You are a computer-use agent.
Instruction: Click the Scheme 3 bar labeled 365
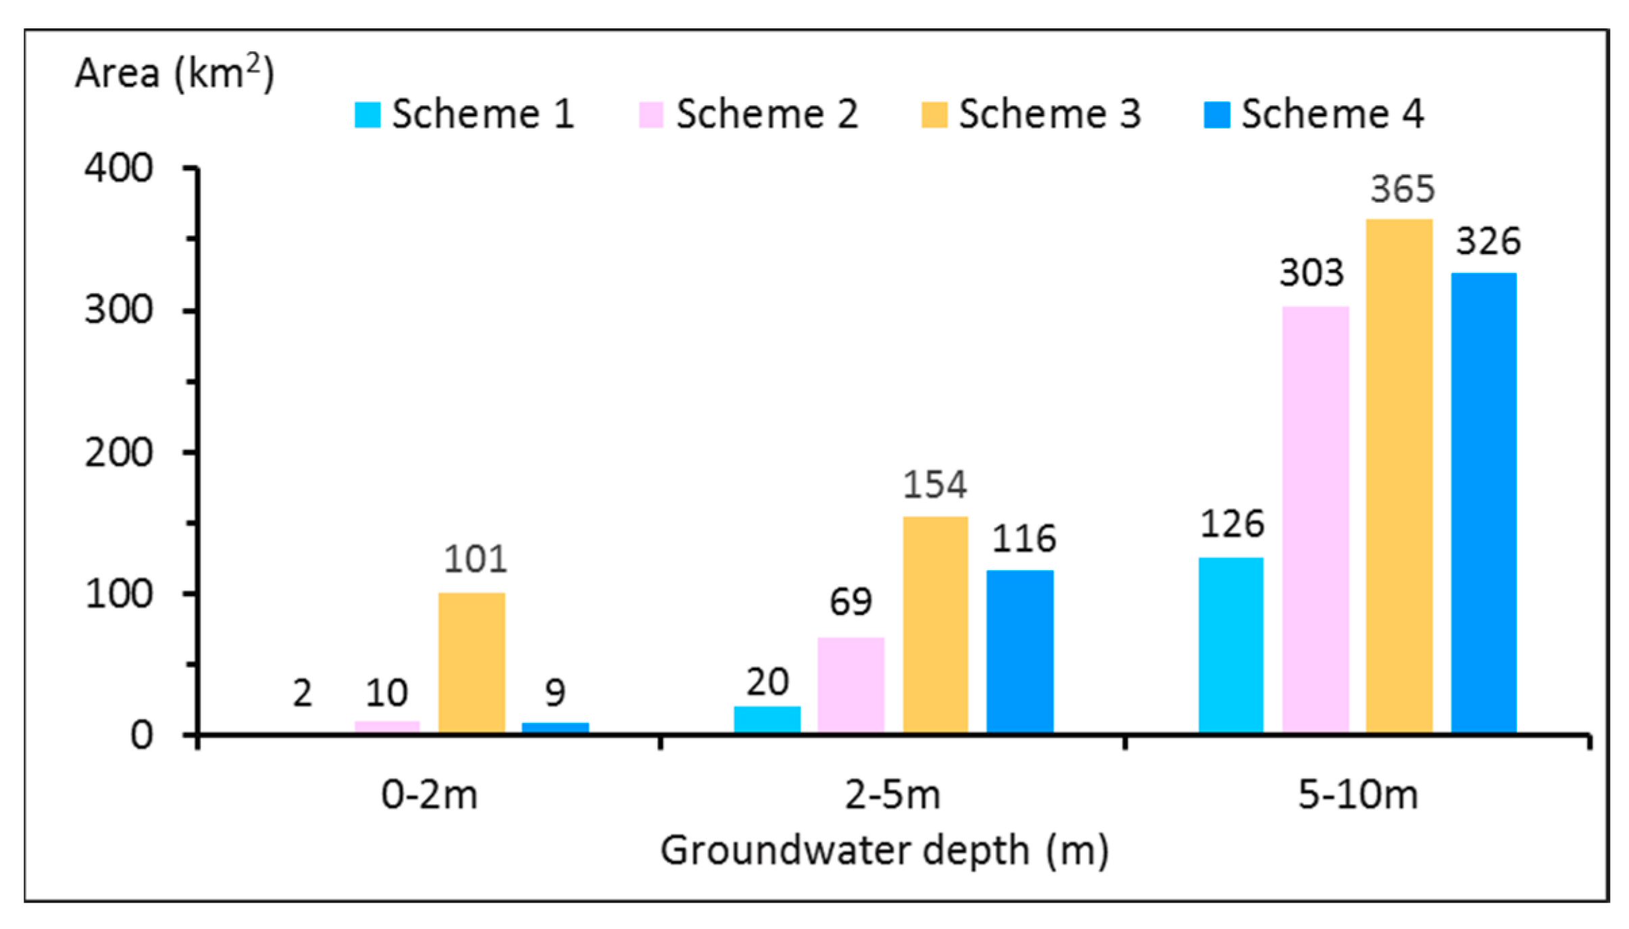1399,476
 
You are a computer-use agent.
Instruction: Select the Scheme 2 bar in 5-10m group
1315,520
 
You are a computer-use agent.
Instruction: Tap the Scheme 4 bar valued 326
1484,503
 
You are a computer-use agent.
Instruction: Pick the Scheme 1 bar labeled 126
1230,645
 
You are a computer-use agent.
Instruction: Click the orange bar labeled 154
935,624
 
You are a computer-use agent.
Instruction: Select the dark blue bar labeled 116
1020,651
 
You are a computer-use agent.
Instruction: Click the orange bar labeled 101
472,662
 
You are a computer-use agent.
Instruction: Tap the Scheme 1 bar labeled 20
767,719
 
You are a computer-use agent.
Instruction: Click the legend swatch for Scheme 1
368,114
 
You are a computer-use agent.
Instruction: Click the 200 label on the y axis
118,452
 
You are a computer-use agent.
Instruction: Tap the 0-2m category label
429,795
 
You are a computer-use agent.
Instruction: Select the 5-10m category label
1357,795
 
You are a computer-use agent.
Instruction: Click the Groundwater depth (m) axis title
884,850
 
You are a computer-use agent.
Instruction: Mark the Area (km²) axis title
174,72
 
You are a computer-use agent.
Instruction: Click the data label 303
1311,274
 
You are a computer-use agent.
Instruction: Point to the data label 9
555,693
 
